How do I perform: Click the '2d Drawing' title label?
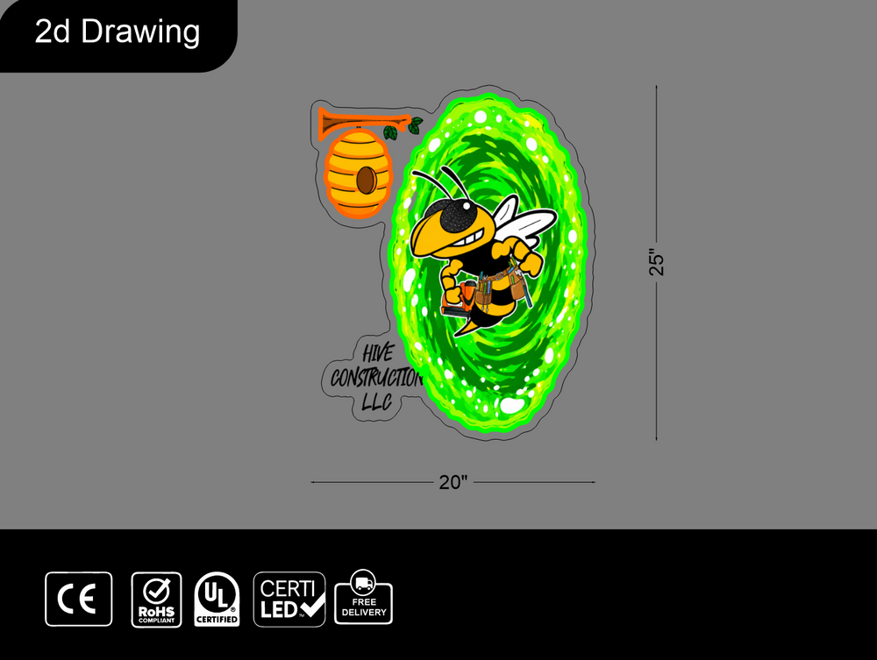pyautogui.click(x=118, y=32)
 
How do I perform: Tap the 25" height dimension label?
pyautogui.click(x=657, y=262)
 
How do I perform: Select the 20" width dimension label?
pyautogui.click(x=453, y=482)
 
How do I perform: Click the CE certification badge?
pyautogui.click(x=78, y=600)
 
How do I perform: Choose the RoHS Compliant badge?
pyautogui.click(x=157, y=600)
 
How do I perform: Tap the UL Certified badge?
pyautogui.click(x=217, y=600)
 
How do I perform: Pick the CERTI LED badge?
pyautogui.click(x=289, y=600)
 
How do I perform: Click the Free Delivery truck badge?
pyautogui.click(x=364, y=597)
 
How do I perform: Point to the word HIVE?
pyautogui.click(x=378, y=353)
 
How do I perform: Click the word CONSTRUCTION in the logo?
pyautogui.click(x=376, y=378)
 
